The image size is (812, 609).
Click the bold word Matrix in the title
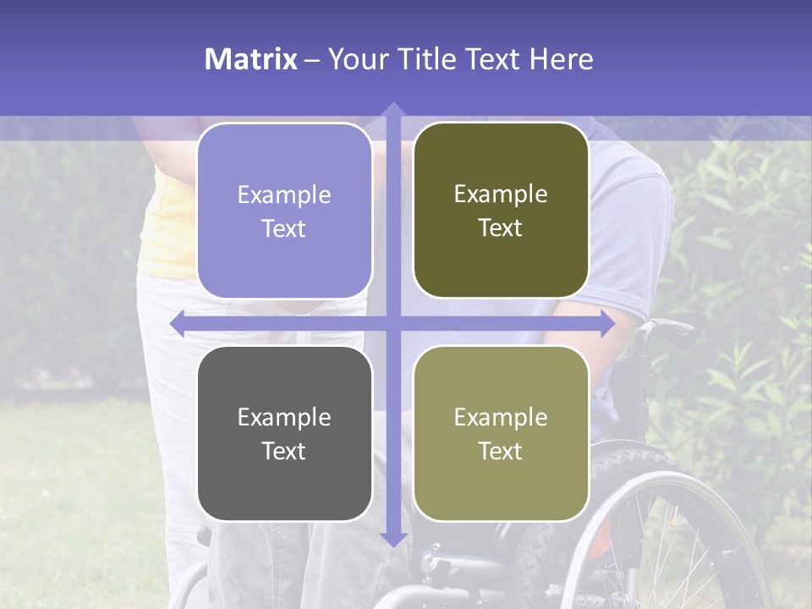[251, 59]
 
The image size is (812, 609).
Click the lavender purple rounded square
[284, 211]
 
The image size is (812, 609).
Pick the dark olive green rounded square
[501, 211]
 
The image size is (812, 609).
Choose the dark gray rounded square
[284, 434]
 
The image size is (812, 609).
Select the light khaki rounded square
[501, 434]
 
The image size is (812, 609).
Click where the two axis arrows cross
[392, 324]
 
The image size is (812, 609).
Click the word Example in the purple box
[284, 195]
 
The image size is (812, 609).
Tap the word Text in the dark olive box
[501, 228]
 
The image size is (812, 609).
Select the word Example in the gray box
[284, 418]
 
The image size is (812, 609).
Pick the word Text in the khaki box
[501, 451]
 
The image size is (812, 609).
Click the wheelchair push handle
[668, 326]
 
